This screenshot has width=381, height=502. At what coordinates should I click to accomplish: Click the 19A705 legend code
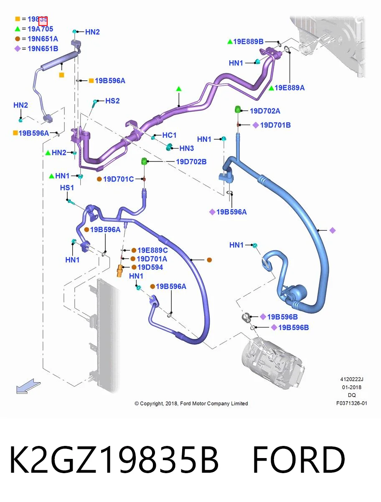pos(40,29)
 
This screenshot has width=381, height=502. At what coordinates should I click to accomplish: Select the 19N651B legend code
pos(43,49)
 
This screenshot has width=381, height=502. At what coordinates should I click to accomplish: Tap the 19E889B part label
pos(248,41)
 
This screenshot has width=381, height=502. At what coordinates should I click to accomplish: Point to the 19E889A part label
pos(290,87)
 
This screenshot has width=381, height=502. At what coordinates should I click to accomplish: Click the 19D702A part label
pos(265,111)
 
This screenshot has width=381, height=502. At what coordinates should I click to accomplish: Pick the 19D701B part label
pos(275,125)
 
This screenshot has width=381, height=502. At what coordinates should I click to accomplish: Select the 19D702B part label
pos(191,162)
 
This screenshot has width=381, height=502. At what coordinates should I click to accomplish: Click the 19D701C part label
pos(118,179)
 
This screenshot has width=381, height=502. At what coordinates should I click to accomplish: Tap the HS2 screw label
pos(112,101)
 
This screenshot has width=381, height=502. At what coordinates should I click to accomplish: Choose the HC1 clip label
pos(169,135)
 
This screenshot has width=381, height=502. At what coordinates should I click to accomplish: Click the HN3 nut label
pos(186,148)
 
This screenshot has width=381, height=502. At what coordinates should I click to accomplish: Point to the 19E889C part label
pos(152,250)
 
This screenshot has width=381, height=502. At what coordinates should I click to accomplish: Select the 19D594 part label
pos(150,267)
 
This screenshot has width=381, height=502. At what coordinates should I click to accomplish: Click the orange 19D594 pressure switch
pos(119,271)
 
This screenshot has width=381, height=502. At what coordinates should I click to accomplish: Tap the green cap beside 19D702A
pos(238,109)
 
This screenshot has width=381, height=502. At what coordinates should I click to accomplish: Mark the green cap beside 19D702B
pos(144,161)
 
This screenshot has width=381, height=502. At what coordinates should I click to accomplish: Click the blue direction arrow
pos(28,386)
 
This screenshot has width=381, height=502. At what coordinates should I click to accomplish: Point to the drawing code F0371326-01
pos(352,403)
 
